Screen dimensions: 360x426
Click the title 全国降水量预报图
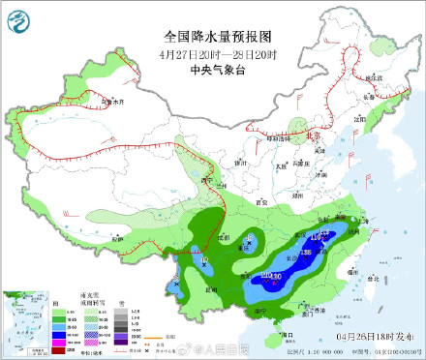[213, 36]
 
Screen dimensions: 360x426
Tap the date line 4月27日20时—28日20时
[213, 53]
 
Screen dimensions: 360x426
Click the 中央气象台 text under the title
[213, 69]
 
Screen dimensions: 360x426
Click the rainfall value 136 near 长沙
[306, 253]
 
